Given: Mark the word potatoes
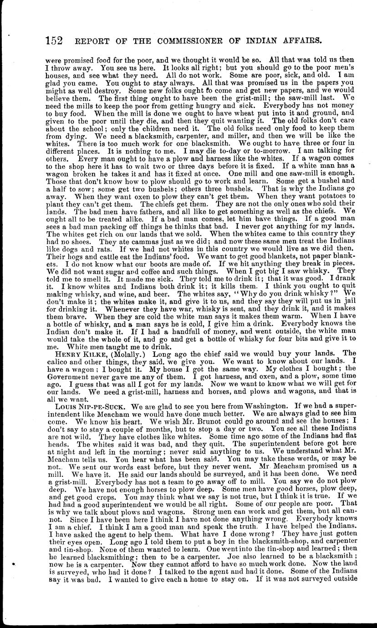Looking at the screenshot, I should click(337, 196).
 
